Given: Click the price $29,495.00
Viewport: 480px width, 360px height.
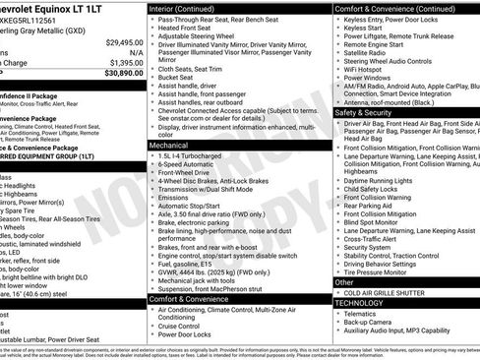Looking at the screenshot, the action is pyautogui.click(x=124, y=43).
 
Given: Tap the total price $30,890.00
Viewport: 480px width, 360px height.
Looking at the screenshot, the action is pyautogui.click(x=124, y=73).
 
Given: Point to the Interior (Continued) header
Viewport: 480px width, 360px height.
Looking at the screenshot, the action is pyautogui.click(x=190, y=7).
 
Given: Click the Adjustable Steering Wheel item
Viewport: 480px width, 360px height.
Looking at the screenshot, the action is pyautogui.click(x=204, y=38).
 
